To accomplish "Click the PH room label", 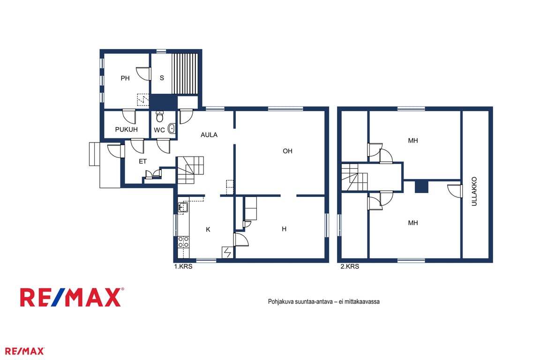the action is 125,78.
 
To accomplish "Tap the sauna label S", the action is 162,78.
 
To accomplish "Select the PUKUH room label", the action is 127,129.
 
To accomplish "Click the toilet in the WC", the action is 159,116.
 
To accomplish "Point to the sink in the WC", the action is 171,128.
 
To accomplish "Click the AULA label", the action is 209,135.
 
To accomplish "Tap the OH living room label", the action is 287,151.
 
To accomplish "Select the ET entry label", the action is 142,161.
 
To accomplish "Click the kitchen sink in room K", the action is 183,207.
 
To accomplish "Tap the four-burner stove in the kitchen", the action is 183,242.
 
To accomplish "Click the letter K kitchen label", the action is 208,229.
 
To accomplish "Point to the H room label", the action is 284,229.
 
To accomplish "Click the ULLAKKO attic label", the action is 474,192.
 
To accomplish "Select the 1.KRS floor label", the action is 183,266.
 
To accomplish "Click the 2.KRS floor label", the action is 350,266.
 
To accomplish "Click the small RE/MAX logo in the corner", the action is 24,352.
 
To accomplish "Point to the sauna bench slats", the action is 185,74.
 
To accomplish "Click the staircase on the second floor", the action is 355,177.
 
